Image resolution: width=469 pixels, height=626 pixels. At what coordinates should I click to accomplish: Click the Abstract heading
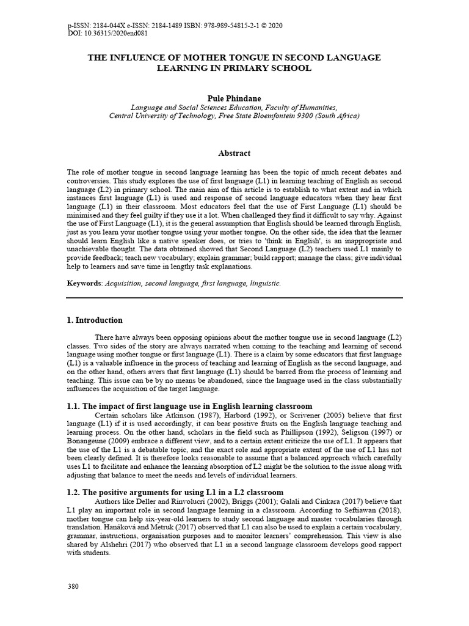point(234,153)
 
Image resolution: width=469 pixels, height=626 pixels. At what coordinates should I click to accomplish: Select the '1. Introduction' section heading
point(95,320)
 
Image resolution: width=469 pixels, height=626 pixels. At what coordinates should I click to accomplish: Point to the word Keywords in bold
point(84,284)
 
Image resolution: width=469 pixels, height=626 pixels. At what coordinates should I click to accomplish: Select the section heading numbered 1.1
point(189,406)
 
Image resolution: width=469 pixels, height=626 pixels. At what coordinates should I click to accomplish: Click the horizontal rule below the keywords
point(234,298)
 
